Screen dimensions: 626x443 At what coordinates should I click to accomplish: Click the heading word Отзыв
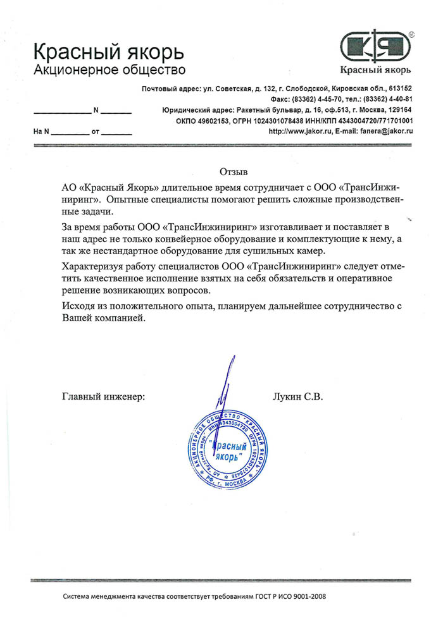[x=234, y=171]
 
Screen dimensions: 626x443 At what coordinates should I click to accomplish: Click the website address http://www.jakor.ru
[x=297, y=131]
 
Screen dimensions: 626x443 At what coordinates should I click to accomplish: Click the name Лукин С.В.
[x=297, y=398]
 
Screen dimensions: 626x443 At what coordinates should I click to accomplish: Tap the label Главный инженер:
[x=103, y=398]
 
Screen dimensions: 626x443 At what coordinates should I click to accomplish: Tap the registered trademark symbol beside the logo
[x=412, y=33]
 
